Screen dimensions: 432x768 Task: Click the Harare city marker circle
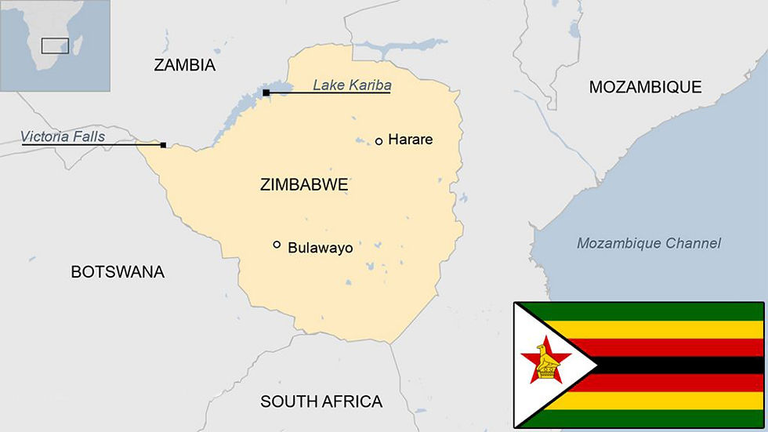click(x=379, y=141)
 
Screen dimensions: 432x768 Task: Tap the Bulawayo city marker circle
click(x=277, y=245)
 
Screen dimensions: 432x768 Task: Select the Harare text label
click(x=410, y=140)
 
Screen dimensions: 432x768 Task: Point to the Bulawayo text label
click(x=320, y=248)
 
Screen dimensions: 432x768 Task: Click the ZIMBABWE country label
click(x=303, y=185)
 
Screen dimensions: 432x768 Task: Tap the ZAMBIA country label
click(x=184, y=65)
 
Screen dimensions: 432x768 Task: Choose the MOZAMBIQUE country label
click(x=645, y=87)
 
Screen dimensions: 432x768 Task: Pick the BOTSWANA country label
click(x=118, y=272)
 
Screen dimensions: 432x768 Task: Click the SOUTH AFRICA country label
click(x=321, y=401)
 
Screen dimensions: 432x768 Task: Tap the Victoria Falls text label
click(x=63, y=136)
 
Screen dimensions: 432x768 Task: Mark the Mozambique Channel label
click(x=648, y=243)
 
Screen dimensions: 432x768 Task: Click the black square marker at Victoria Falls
click(x=163, y=145)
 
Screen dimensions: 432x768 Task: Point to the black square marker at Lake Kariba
click(x=266, y=93)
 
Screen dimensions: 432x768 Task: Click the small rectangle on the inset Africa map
click(x=55, y=45)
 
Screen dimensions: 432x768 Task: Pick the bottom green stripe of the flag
click(x=658, y=419)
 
